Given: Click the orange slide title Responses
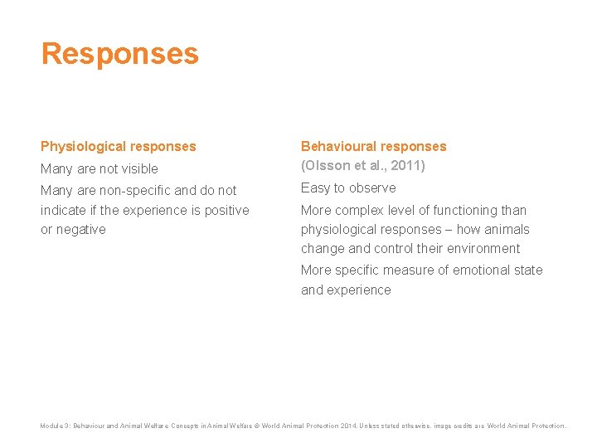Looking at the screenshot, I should click(x=120, y=54).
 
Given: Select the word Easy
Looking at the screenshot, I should click(x=315, y=188).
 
